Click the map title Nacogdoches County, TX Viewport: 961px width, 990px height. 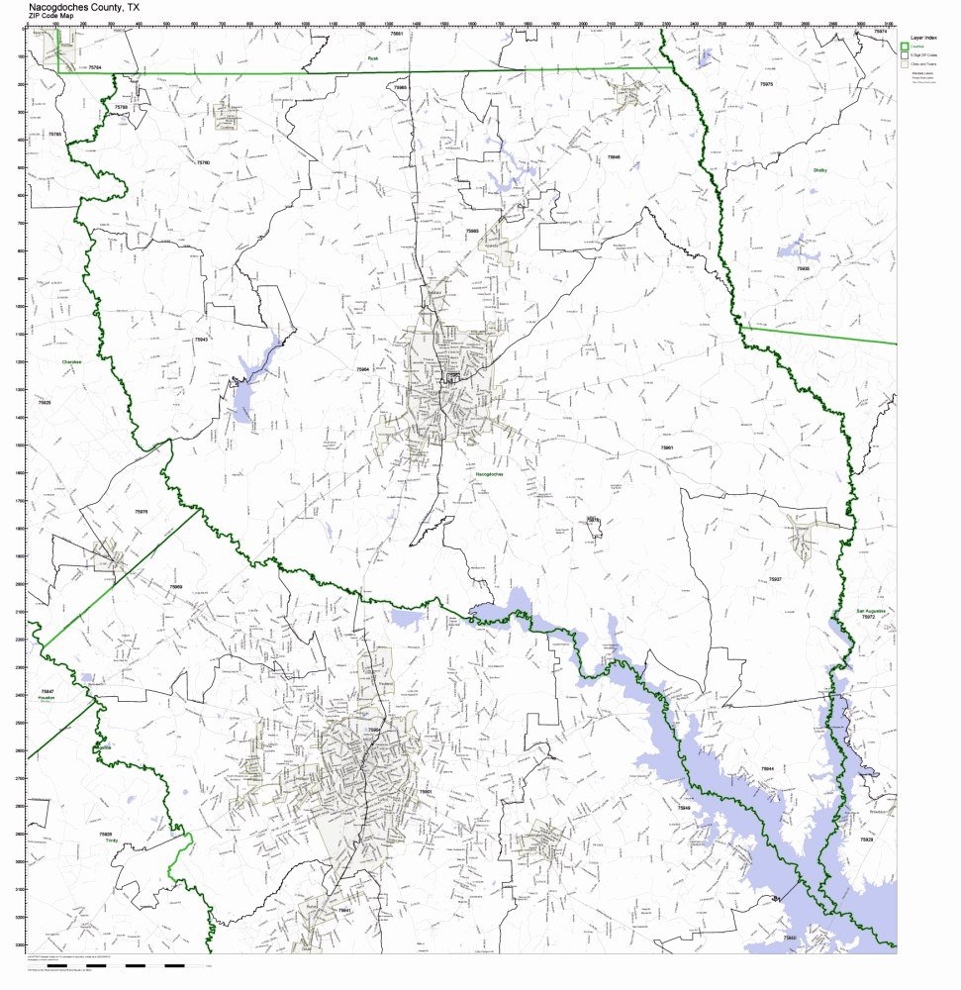tap(83, 6)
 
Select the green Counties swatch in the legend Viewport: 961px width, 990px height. tap(904, 46)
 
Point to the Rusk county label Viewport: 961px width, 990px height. tap(373, 58)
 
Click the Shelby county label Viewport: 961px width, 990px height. tap(819, 170)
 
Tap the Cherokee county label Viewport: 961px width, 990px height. tap(70, 361)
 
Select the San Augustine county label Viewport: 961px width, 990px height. tap(871, 611)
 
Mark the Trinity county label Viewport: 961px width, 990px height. tap(105, 843)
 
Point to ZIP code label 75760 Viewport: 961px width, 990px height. tap(203, 161)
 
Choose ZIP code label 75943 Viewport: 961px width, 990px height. tap(201, 340)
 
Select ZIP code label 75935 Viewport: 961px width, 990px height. tap(802, 268)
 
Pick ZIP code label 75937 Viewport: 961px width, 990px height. tap(775, 578)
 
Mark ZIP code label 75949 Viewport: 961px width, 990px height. tap(683, 809)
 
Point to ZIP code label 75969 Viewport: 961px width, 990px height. tap(175, 586)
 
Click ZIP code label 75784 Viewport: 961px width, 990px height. tap(95, 66)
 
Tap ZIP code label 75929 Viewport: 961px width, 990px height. tap(867, 839)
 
